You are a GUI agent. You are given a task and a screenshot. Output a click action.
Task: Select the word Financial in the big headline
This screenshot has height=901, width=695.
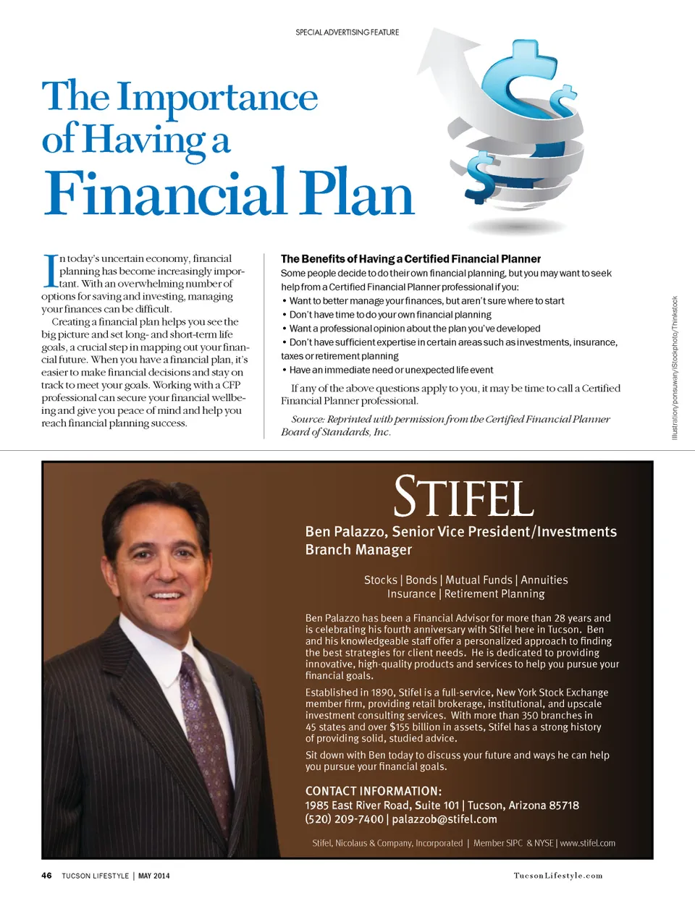[166, 193]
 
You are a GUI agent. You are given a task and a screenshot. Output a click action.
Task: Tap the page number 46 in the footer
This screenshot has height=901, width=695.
[46, 876]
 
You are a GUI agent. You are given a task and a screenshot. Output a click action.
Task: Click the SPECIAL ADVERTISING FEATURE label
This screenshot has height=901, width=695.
[347, 32]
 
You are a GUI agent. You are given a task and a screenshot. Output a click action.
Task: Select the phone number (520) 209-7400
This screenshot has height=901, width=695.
[344, 819]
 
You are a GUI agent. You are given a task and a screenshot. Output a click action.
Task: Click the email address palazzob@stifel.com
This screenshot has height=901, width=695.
[445, 819]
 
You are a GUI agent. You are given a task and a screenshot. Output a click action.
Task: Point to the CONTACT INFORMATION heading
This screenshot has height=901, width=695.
[373, 791]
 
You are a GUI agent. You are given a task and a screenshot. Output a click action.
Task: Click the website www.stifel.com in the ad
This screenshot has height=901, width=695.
[587, 843]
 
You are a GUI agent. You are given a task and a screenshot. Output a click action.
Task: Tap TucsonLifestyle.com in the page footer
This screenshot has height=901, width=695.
[557, 876]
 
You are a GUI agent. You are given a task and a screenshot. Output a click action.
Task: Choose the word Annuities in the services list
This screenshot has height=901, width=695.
[544, 580]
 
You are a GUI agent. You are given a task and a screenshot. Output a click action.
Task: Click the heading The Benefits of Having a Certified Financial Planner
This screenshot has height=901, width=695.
[410, 258]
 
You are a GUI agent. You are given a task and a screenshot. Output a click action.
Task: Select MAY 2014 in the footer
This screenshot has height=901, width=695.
[153, 876]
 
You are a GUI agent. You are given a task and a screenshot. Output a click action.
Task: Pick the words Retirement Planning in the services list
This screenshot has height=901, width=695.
[494, 593]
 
